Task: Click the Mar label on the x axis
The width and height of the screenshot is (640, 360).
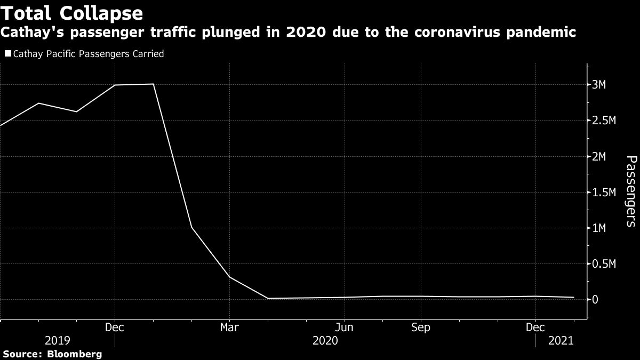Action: point(229,326)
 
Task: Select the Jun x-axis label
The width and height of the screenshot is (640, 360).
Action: point(345,326)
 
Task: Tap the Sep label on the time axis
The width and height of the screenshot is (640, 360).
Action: point(421,326)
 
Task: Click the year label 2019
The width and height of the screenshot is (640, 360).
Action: point(58,340)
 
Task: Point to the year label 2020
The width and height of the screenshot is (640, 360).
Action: point(325,340)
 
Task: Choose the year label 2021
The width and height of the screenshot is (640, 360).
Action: point(561,340)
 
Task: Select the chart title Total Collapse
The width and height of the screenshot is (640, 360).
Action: point(71,13)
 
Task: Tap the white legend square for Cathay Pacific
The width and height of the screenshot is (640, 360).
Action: point(7,54)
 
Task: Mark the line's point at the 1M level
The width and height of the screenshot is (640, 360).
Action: point(191,228)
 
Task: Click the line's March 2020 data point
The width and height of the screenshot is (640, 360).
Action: point(229,277)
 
